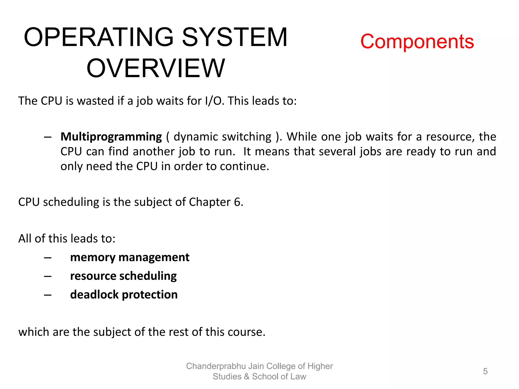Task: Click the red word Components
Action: coord(417,42)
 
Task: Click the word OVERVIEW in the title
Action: coord(156,68)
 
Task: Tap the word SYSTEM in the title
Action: coord(235,37)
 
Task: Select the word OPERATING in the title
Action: coord(99,37)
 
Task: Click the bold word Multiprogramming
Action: coord(111,137)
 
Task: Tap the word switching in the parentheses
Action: coord(247,137)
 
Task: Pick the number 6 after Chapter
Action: coord(237,202)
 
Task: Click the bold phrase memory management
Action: coord(129,258)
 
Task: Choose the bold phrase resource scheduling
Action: coord(123,276)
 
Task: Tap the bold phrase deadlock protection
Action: coord(124,295)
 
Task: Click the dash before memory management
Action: coord(48,258)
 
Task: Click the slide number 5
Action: coord(485,371)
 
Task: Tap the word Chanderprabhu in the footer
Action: coord(216,366)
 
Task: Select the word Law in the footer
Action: coord(298,377)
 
